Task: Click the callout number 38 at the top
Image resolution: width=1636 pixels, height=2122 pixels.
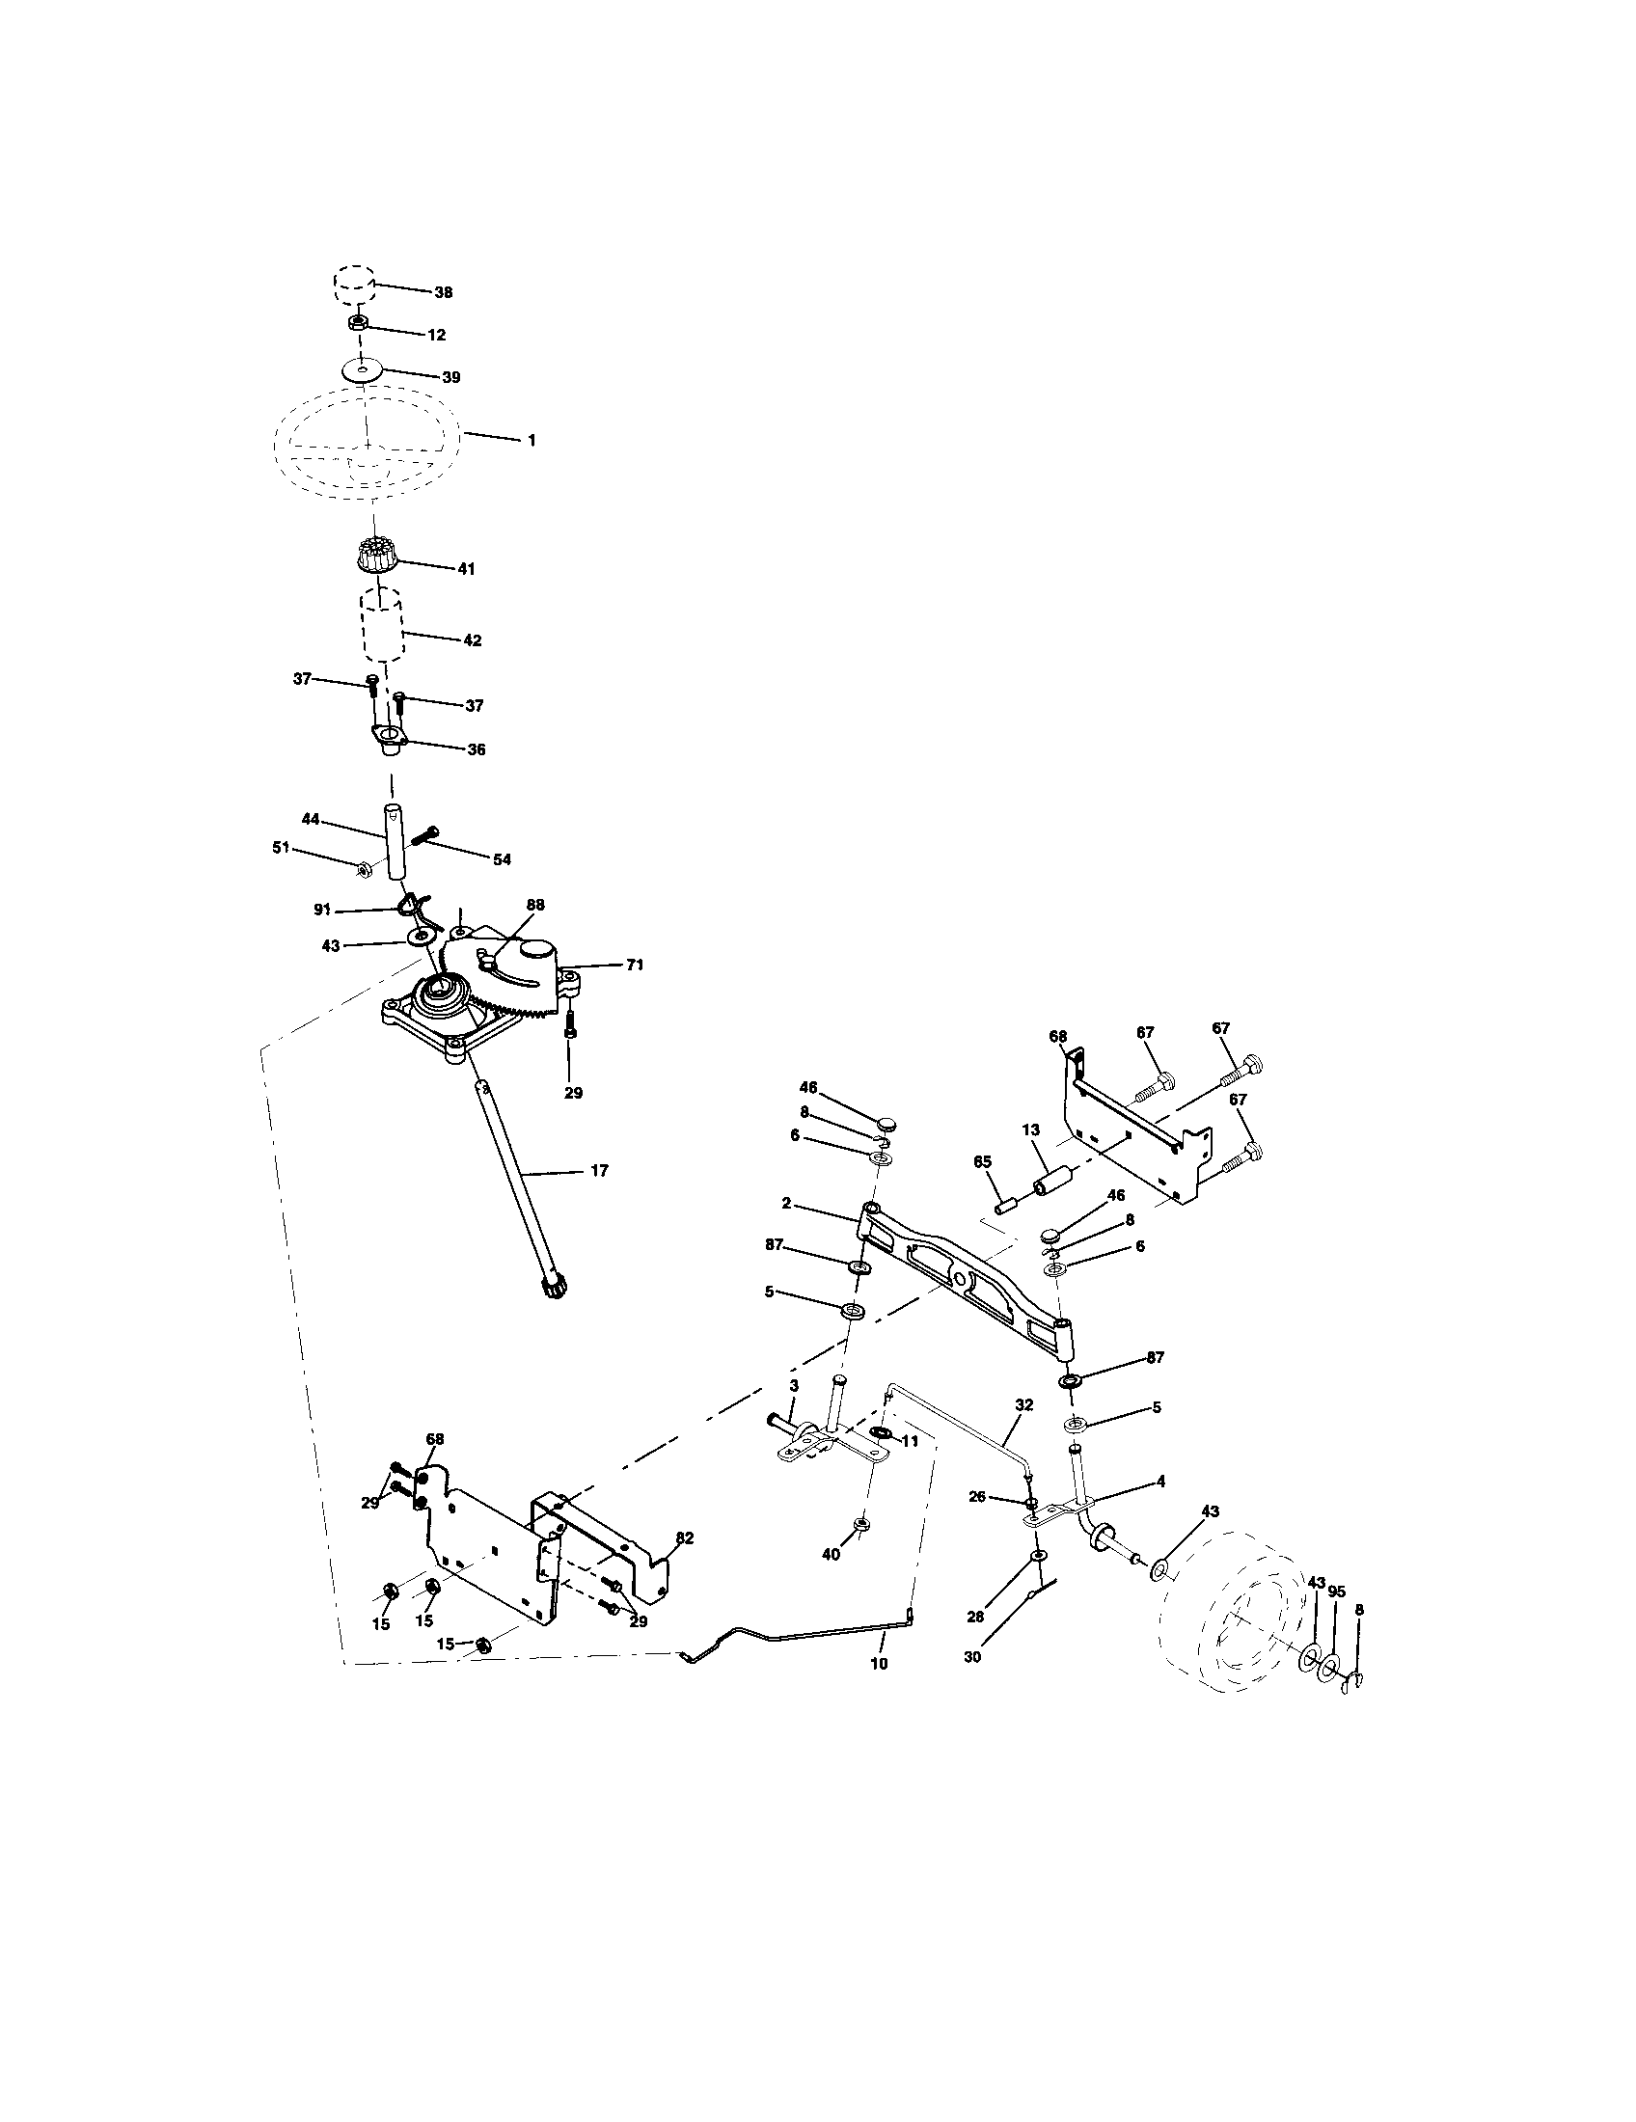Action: [x=443, y=292]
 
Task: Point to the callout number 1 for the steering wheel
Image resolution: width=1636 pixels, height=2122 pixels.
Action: [x=532, y=440]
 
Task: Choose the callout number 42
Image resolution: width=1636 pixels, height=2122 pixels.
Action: [x=472, y=640]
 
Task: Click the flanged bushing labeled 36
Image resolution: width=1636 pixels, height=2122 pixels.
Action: [x=390, y=737]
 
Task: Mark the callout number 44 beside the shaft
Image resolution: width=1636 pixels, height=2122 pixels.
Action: [x=311, y=819]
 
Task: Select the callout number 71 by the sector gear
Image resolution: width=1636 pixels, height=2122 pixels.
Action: [x=635, y=965]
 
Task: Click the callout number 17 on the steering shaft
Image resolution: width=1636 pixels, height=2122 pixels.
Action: [x=599, y=1171]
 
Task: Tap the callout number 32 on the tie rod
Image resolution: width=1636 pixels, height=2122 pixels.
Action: [x=1024, y=1405]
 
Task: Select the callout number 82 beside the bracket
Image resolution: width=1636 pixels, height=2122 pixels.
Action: [x=685, y=1538]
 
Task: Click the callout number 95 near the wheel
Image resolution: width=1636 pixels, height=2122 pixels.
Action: [x=1337, y=1592]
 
